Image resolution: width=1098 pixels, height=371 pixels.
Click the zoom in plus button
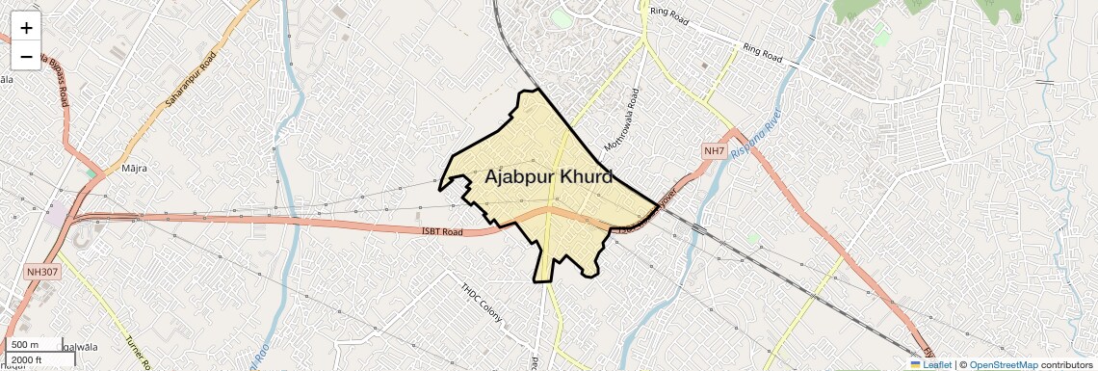point(26,27)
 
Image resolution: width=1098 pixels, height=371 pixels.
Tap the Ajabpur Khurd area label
point(549,177)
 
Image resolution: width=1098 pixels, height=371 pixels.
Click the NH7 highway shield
point(714,151)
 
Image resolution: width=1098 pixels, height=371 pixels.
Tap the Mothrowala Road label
point(622,119)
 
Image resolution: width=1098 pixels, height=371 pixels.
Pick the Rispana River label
point(750,141)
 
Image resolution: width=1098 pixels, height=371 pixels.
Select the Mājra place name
point(135,169)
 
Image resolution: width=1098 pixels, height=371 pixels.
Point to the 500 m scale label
point(25,345)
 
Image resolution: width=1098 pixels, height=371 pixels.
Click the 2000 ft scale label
point(27,359)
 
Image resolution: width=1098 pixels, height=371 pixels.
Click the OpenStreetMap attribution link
point(1004,364)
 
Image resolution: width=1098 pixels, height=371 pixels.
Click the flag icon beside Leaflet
point(916,364)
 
